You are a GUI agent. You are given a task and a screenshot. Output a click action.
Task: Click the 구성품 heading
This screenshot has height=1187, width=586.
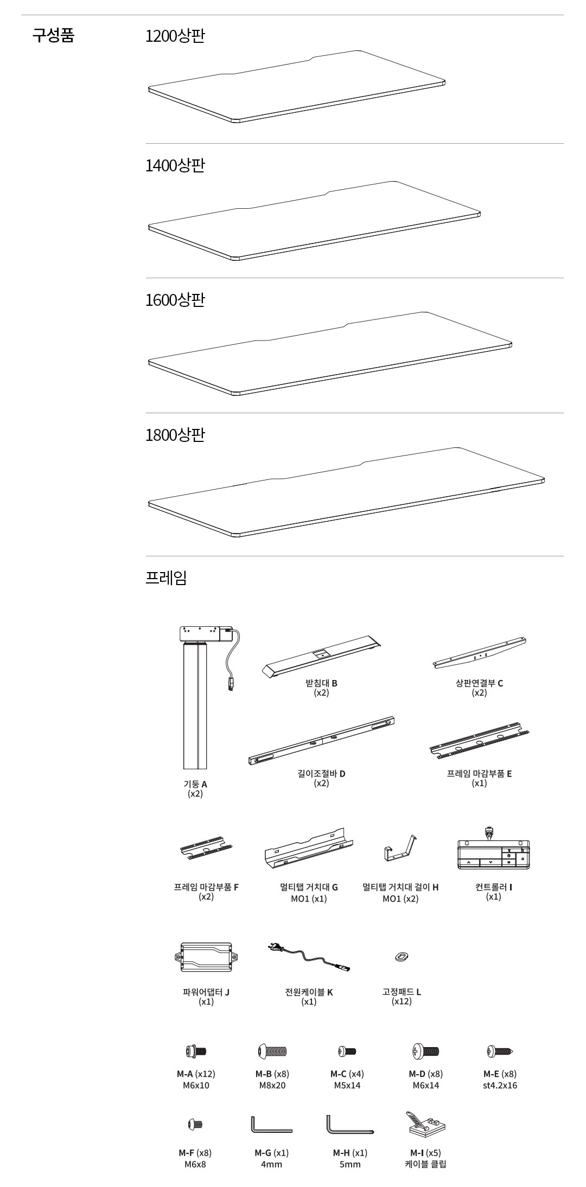(53, 36)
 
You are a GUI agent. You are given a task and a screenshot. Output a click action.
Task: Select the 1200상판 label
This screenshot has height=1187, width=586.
(175, 36)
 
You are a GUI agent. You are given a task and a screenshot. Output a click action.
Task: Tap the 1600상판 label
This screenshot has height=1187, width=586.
(175, 300)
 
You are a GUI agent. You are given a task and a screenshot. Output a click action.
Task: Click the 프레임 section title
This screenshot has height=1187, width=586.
(166, 578)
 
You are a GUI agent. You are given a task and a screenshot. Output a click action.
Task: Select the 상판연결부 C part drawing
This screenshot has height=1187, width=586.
(480, 653)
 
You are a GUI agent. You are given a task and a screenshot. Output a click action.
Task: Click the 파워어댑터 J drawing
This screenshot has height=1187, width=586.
(206, 959)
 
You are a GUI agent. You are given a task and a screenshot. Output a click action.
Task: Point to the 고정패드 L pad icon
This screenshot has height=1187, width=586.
(402, 956)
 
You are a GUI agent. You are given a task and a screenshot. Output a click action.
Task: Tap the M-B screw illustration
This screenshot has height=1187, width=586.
(272, 1051)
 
